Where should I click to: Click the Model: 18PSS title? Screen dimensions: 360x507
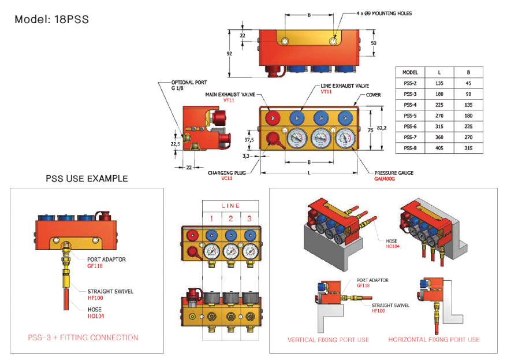(x=52, y=19)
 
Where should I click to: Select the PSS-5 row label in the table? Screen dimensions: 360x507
(x=411, y=115)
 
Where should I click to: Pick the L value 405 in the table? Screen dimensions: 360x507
(x=440, y=148)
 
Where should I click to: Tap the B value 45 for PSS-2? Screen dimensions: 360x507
(x=468, y=83)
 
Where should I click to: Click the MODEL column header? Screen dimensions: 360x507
(x=411, y=72)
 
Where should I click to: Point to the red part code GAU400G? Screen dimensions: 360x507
(x=385, y=179)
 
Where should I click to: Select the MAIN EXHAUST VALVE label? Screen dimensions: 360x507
(x=229, y=94)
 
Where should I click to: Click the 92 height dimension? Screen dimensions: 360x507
(x=229, y=53)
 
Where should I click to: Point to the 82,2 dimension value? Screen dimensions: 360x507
(x=382, y=128)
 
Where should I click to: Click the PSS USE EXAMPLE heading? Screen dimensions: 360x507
(x=87, y=179)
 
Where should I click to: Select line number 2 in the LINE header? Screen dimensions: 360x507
(x=231, y=218)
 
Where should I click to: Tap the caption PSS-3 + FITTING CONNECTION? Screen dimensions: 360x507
(x=83, y=337)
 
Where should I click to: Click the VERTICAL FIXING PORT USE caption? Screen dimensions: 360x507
(x=328, y=339)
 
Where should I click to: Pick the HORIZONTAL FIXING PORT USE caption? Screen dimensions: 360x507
(x=434, y=339)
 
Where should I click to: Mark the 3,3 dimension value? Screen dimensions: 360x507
(x=245, y=155)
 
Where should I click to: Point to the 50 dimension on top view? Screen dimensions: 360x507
(x=374, y=43)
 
